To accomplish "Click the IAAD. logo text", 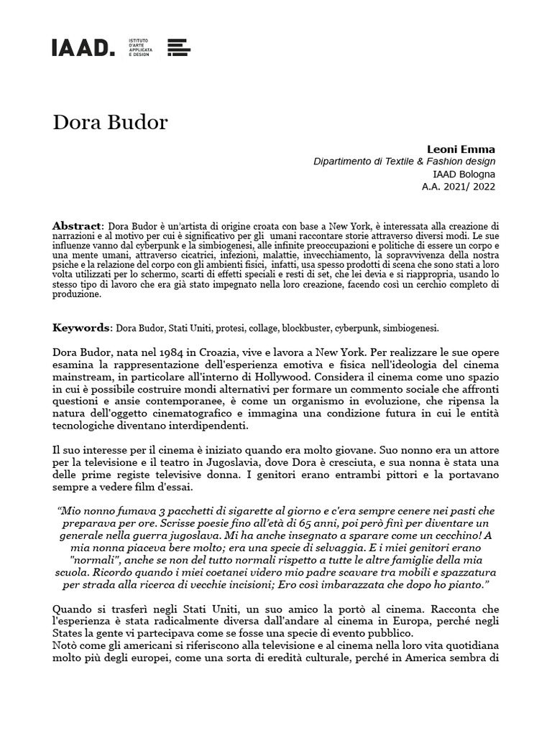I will coord(83,47).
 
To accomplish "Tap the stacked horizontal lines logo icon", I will coord(178,47).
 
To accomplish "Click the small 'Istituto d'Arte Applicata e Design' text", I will coord(139,47).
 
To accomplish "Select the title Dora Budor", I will coord(110,122).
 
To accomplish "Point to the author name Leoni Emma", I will coord(466,149).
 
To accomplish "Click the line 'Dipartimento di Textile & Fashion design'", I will coord(404,161).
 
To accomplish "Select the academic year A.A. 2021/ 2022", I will coord(459,187).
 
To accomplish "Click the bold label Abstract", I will coord(78,226).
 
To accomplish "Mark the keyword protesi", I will coord(226,329).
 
